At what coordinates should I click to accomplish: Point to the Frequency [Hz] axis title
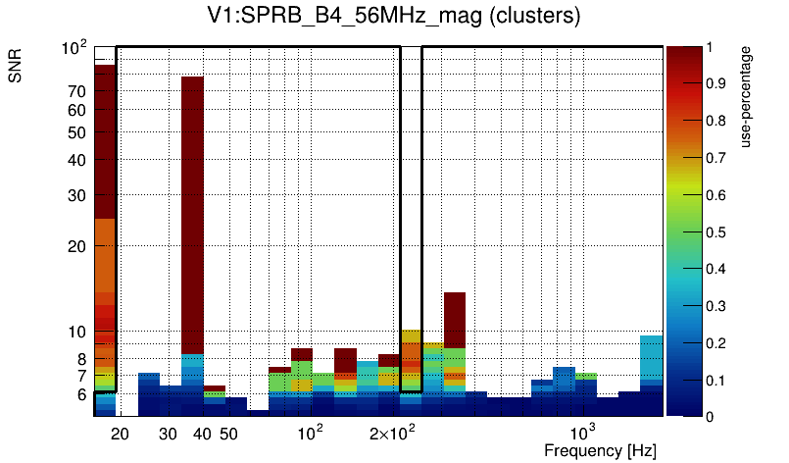(600, 450)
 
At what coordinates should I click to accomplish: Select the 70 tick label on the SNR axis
(77, 91)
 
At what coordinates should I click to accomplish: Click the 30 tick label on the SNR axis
(77, 195)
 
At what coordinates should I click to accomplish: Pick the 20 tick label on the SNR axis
(77, 246)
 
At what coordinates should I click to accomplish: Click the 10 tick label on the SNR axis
(77, 333)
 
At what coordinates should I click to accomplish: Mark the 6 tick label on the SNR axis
(82, 394)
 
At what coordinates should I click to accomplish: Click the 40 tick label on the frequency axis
(202, 434)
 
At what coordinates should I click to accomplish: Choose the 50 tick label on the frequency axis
(228, 434)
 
